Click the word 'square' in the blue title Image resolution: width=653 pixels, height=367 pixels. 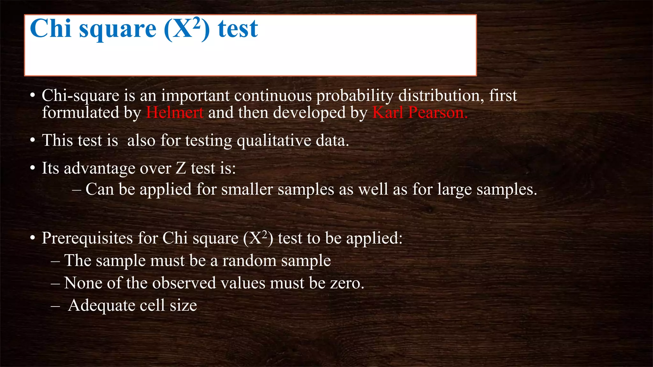[118, 30]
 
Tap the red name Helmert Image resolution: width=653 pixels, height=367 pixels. [175, 112]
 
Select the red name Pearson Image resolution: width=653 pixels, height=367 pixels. [438, 112]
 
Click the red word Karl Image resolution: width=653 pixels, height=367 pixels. [388, 112]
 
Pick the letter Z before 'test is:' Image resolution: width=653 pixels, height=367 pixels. [181, 168]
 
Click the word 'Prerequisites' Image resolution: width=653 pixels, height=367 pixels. [87, 238]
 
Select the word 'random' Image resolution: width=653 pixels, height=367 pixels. [249, 261]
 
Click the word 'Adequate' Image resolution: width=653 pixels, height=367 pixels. [101, 305]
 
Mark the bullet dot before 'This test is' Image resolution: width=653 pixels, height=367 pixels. [33, 140]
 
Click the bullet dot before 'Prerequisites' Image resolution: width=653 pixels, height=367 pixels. [33, 238]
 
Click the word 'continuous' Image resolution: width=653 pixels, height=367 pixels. [273, 96]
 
